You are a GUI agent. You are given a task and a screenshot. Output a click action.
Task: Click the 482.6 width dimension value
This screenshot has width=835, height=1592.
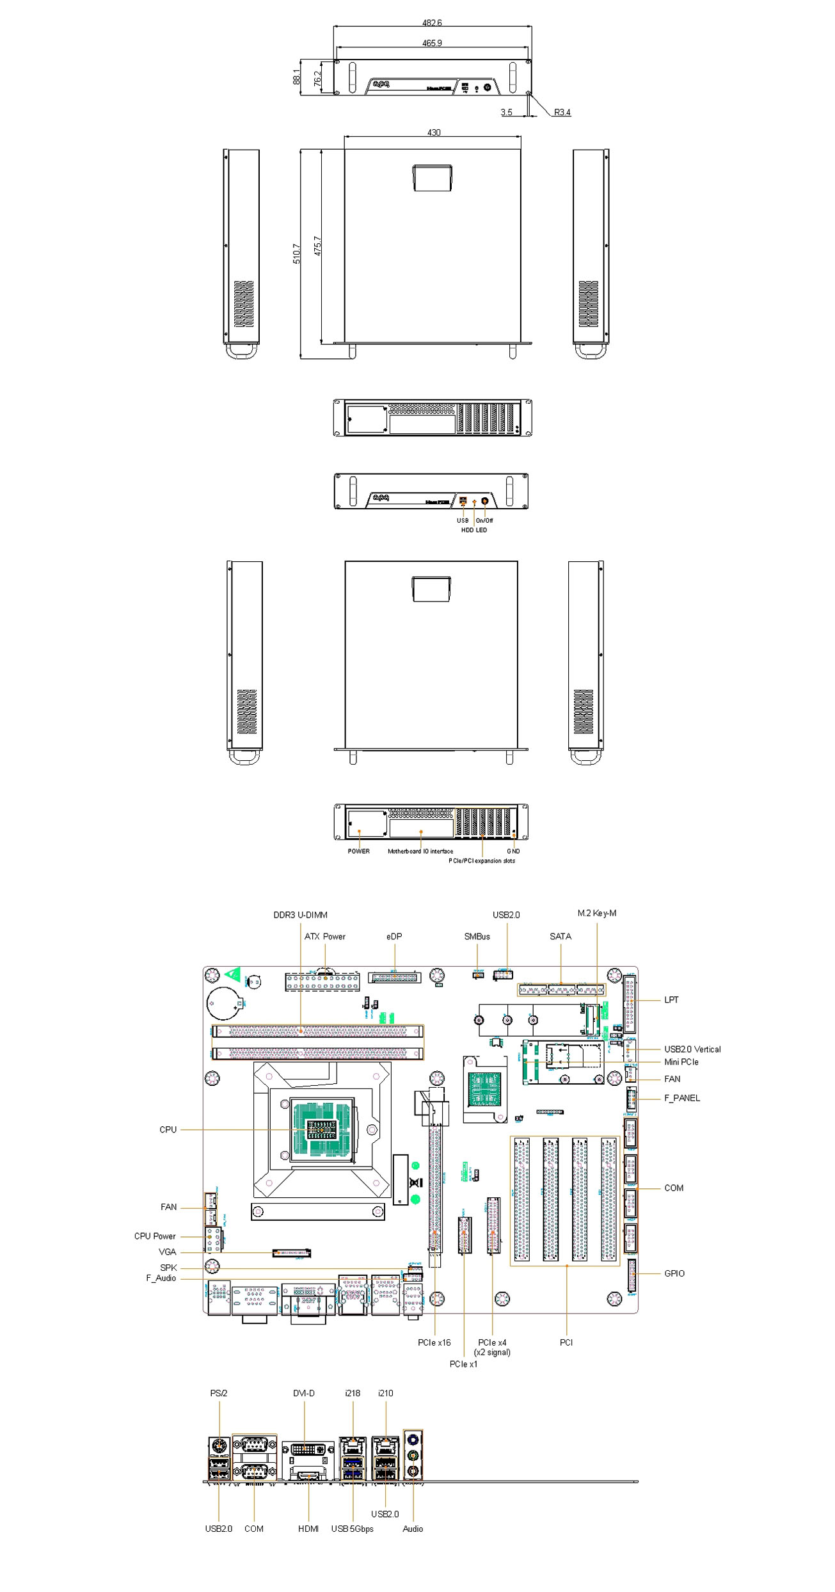(x=432, y=23)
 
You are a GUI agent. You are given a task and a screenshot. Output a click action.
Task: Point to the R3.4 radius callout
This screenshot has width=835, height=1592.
(x=562, y=113)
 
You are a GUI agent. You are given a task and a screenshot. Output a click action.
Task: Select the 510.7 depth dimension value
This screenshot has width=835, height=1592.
(x=296, y=253)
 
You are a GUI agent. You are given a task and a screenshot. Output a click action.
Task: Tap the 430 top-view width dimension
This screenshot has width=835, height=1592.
(x=434, y=132)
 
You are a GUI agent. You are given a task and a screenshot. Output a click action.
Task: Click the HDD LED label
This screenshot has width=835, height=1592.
(x=473, y=530)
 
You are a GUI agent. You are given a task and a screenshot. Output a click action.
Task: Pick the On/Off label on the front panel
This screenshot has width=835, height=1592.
(x=484, y=520)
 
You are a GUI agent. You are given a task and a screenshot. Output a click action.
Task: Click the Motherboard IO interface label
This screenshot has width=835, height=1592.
(x=420, y=851)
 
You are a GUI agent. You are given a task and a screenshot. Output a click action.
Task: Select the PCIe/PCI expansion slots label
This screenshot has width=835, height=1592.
(x=481, y=861)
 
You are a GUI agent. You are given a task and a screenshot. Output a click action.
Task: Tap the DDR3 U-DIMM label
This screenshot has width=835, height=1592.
(x=300, y=915)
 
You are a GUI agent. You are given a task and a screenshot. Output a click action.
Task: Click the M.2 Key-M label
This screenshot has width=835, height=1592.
(x=596, y=913)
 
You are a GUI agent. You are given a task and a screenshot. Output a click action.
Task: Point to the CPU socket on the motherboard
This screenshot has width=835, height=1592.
(x=322, y=1130)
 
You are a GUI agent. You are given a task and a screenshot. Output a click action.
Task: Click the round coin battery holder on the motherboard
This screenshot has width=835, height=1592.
(x=223, y=1003)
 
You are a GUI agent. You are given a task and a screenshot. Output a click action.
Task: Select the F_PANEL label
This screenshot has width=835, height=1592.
(x=681, y=1098)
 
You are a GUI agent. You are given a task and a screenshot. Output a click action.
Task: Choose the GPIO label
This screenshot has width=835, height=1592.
(x=674, y=1273)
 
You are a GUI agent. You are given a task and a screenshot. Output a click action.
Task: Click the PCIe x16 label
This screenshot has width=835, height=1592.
(x=434, y=1342)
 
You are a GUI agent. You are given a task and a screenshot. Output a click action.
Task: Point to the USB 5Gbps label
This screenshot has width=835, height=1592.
(x=352, y=1529)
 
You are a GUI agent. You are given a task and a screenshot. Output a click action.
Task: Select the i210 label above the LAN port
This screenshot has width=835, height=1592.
(x=385, y=1393)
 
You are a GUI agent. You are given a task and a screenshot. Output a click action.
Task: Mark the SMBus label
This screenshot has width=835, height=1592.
(x=477, y=936)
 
